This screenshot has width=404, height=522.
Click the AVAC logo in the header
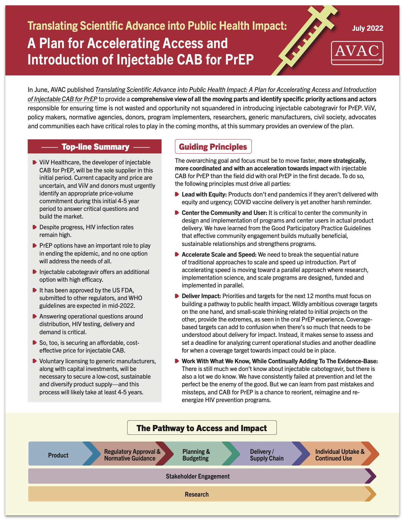pyautogui.click(x=357, y=53)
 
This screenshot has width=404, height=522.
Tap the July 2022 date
pyautogui.click(x=368, y=28)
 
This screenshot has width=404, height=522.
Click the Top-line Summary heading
pyautogui.click(x=95, y=147)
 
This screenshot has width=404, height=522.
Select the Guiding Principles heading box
pyautogui.click(x=213, y=147)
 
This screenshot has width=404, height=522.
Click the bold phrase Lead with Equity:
pyautogui.click(x=204, y=194)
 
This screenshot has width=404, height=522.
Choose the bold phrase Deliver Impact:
pyautogui.click(x=201, y=296)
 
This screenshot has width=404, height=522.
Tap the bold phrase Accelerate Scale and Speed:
pyautogui.click(x=219, y=255)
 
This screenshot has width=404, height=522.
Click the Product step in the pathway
pyautogui.click(x=58, y=455)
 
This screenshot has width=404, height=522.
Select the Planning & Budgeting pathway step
pyautogui.click(x=196, y=455)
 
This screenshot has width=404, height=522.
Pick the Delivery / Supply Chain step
pyautogui.click(x=266, y=455)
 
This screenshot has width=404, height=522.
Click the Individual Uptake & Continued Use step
pyautogui.click(x=340, y=455)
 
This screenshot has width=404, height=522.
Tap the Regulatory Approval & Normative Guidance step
pyautogui.click(x=132, y=455)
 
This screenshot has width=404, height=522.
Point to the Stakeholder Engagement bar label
pyautogui.click(x=198, y=476)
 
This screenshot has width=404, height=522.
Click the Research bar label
pyautogui.click(x=197, y=494)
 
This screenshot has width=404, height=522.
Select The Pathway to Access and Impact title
pyautogui.click(x=202, y=428)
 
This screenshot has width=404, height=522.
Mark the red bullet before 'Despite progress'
pyautogui.click(x=34, y=227)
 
